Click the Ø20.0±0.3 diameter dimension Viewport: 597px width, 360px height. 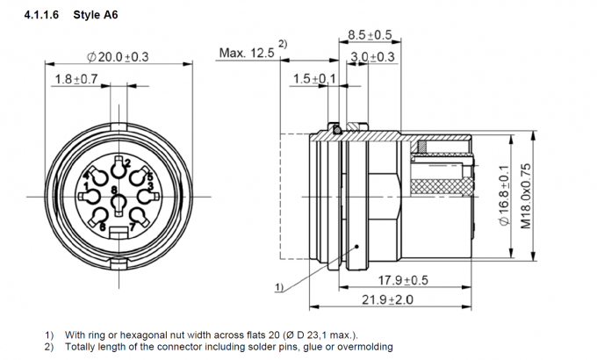pos(118,57)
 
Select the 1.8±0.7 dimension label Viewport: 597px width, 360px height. pos(76,79)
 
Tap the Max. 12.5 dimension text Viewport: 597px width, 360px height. pos(246,54)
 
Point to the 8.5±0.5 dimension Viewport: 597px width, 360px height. pos(369,35)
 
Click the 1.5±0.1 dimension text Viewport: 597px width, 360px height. pos(314,79)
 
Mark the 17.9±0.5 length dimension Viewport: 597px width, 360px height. pos(403,280)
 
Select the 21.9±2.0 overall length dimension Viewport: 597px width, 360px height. pos(387,299)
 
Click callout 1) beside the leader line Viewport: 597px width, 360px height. pos(278,287)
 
